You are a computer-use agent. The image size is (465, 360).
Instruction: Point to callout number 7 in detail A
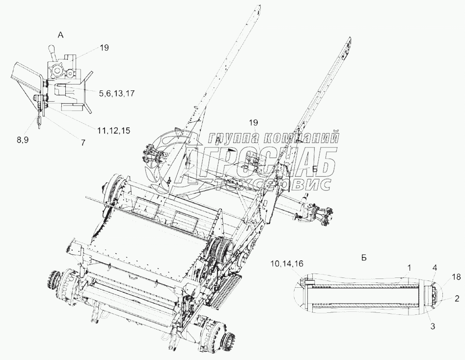82,142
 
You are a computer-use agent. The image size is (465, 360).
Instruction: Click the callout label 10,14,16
286,264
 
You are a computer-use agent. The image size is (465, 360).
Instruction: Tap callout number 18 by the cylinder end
457,278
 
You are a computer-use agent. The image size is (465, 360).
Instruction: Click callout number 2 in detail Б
456,298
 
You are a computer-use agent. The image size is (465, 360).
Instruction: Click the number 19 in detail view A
104,48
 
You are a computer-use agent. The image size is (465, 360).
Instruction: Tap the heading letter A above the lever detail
60,35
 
